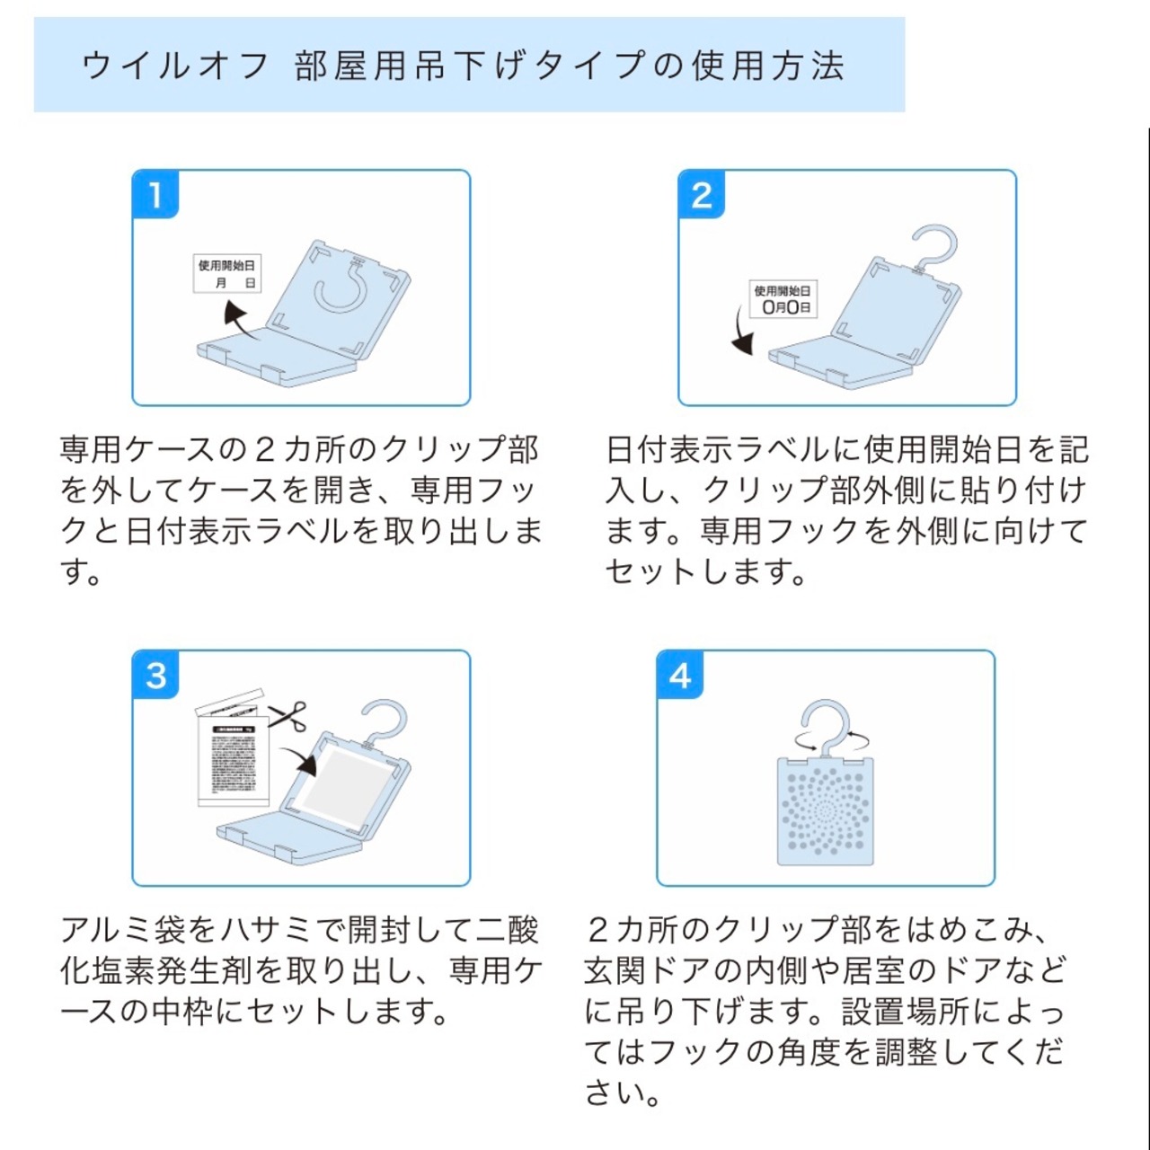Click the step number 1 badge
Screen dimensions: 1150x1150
(x=155, y=194)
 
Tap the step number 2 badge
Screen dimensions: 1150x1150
(x=701, y=194)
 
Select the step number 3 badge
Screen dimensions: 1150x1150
(x=155, y=675)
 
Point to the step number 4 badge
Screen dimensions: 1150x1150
(x=680, y=675)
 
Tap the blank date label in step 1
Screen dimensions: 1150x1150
(x=227, y=274)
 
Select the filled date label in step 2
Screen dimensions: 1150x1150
(x=783, y=299)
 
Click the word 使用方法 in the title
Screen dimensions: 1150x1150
(x=768, y=66)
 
